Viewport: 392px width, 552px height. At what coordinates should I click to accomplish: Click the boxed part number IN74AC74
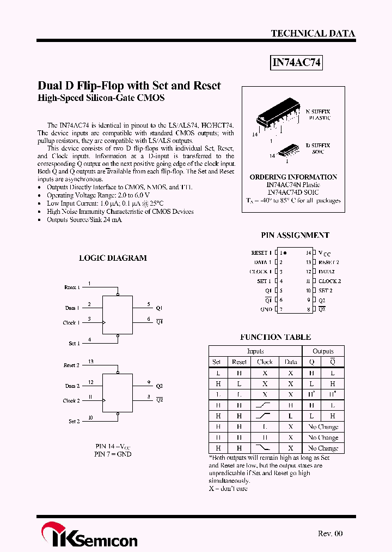[297, 63]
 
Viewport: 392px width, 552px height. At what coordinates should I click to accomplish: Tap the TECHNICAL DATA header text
[313, 33]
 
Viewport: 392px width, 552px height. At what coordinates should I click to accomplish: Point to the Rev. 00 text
[330, 533]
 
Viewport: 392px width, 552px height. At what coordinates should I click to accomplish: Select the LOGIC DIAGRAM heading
[113, 258]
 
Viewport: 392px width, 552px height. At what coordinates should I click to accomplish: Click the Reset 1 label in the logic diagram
[71, 287]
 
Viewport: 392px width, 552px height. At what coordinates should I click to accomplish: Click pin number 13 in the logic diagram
[90, 361]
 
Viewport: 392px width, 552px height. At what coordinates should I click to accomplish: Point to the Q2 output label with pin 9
[159, 386]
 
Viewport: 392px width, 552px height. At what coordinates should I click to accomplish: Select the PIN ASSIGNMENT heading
[295, 235]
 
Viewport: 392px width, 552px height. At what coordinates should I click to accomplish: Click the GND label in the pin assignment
[266, 309]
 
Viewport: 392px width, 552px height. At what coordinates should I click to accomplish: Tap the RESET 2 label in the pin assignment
[329, 262]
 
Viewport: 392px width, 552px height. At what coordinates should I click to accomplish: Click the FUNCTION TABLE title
[275, 337]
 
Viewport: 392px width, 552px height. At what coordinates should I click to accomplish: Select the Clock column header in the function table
[265, 362]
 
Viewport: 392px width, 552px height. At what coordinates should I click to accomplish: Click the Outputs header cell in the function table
[323, 351]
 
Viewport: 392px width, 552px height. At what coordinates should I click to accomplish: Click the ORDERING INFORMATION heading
[293, 177]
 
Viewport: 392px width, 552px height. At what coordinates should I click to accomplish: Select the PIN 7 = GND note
[113, 454]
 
